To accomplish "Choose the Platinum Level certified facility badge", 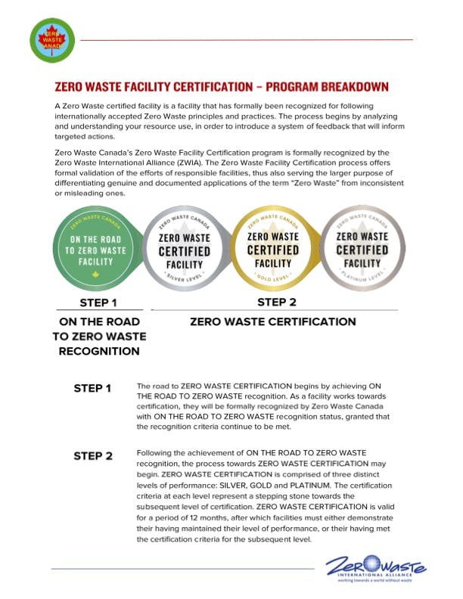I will [x=361, y=250].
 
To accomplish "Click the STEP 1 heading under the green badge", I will [x=98, y=304].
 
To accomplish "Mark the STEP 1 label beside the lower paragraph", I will [x=92, y=389].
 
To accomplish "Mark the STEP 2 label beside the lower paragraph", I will [x=92, y=456].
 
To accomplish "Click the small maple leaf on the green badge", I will [x=95, y=274].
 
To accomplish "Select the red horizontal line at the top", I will [x=247, y=39].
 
